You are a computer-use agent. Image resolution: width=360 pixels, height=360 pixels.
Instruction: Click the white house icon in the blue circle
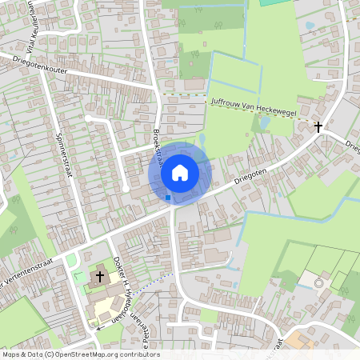pyautogui.click(x=180, y=172)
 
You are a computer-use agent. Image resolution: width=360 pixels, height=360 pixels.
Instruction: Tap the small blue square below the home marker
pyautogui.click(x=167, y=197)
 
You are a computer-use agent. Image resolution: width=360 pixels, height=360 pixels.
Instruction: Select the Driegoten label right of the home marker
pyautogui.click(x=250, y=176)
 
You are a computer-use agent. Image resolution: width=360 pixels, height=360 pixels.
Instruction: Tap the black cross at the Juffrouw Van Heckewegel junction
pyautogui.click(x=318, y=126)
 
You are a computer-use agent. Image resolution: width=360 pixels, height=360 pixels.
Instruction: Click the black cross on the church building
pyautogui.click(x=100, y=276)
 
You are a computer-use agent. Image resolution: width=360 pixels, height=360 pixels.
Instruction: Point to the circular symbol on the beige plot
pyautogui.click(x=318, y=282)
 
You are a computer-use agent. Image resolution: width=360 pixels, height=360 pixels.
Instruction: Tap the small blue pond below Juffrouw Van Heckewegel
pyautogui.click(x=262, y=124)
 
